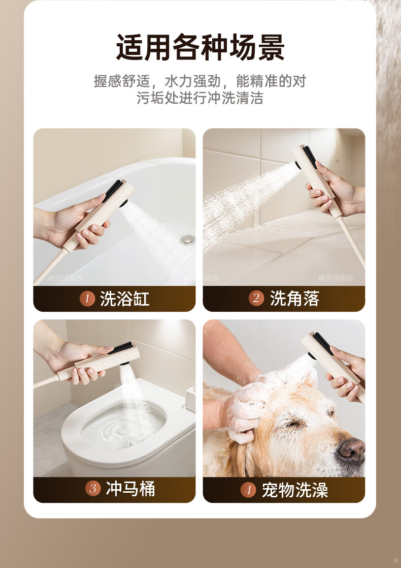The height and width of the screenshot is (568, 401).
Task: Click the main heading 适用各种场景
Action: click(201, 47)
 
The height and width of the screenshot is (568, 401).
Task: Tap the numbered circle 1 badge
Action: click(87, 299)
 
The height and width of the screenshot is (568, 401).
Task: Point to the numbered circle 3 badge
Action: click(93, 488)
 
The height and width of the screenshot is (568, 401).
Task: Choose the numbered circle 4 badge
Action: click(248, 490)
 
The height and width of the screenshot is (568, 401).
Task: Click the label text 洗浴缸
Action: click(125, 299)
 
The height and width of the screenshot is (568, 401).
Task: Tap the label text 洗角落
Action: click(295, 298)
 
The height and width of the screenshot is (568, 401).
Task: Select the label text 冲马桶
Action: click(130, 488)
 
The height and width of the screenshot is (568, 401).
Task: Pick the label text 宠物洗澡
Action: click(295, 490)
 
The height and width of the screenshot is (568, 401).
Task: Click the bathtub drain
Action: click(188, 239)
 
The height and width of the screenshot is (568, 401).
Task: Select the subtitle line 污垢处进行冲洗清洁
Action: click(200, 98)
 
